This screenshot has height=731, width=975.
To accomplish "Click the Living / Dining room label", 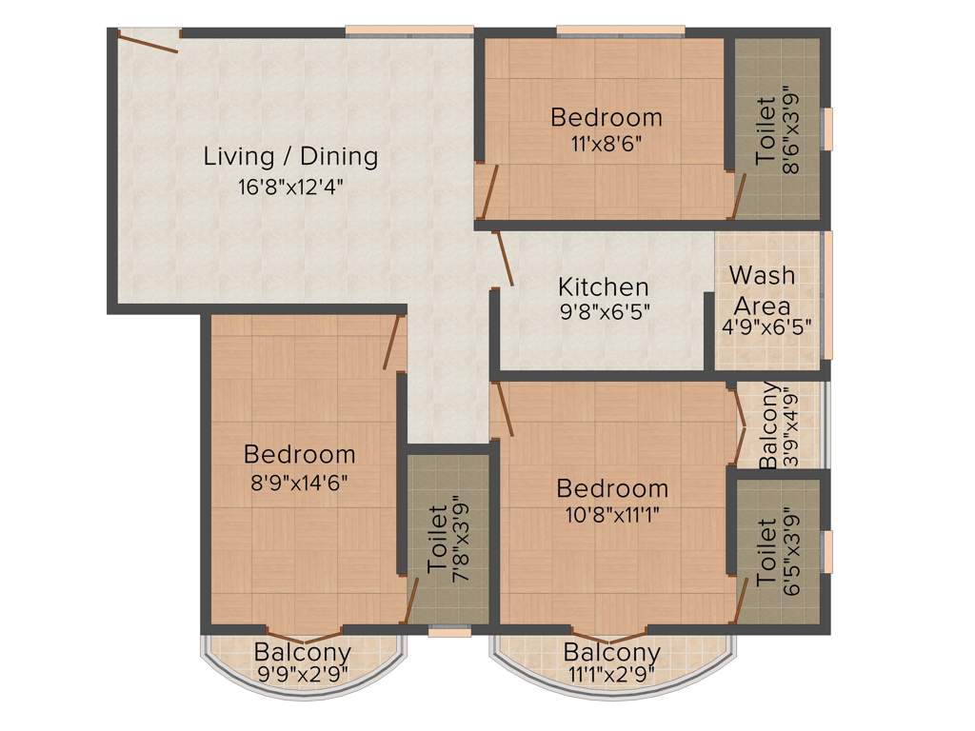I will (290, 156).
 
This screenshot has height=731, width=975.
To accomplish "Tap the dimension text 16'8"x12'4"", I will (290, 187).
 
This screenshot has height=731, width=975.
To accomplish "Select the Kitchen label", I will (604, 286).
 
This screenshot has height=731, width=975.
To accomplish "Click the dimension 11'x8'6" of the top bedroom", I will (607, 148).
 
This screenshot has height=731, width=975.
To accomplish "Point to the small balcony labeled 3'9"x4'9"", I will (777, 425).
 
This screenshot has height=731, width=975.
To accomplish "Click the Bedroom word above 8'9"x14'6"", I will (299, 454).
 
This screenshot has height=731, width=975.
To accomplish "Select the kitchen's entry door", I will (503, 258).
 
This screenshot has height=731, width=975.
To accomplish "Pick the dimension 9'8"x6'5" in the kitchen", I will (604, 312).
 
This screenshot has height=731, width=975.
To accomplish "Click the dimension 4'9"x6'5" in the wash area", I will (761, 334).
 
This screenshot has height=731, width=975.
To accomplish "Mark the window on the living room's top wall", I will (409, 31).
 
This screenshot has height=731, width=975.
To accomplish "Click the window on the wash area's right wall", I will (827, 295).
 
